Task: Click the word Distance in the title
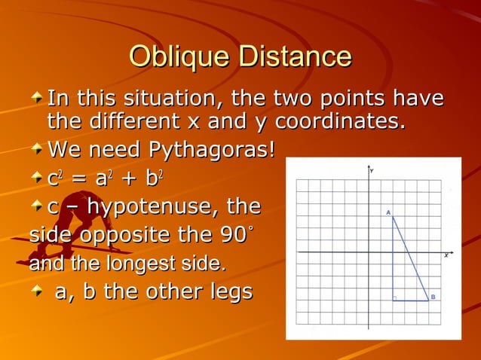pos(293,57)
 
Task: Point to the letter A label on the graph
pos(388,213)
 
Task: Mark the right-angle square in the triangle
pos(395,298)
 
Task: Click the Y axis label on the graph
pos(372,172)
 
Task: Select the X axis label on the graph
pos(446,256)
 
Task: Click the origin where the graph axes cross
pos(369,252)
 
